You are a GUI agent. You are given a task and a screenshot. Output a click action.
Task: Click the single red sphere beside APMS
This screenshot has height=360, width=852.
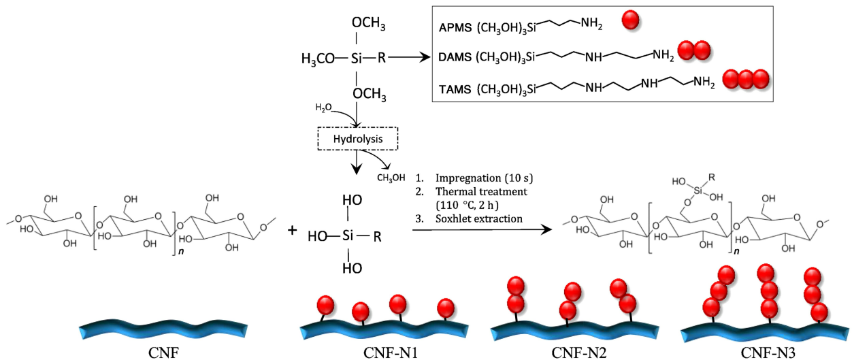click(632, 20)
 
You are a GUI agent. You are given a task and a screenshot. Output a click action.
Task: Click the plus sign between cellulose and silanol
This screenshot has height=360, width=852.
click(293, 230)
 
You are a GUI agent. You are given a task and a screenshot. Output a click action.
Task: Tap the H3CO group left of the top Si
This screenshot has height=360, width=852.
click(318, 59)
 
